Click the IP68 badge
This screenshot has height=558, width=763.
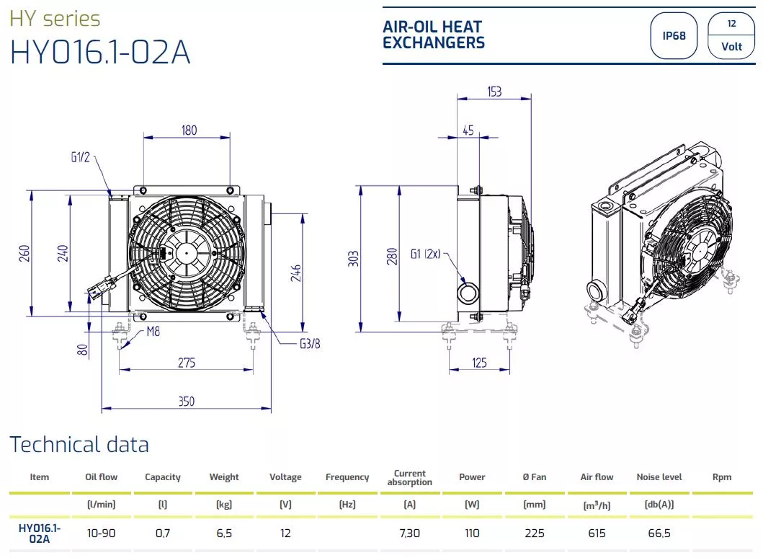coord(674,35)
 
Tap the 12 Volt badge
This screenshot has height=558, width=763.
coord(731,35)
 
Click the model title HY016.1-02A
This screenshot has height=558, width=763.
coord(99,52)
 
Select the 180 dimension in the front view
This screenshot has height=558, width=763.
coord(189,130)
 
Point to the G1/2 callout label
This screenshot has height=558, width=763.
coord(80,156)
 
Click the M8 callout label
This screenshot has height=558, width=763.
coord(153,332)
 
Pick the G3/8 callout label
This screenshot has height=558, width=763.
coord(310,344)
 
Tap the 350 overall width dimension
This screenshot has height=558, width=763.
coord(187,402)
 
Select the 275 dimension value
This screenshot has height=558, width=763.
coord(187,363)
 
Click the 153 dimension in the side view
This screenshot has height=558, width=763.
coord(494,92)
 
